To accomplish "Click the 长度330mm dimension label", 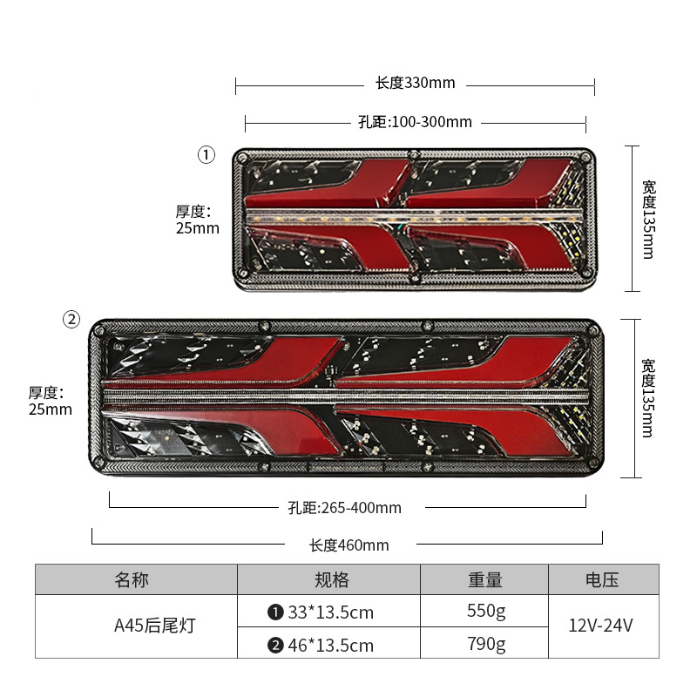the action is (x=416, y=83).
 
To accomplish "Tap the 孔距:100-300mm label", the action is (x=416, y=122).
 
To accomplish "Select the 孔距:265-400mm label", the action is (x=344, y=508).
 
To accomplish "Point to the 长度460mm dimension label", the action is (x=349, y=545).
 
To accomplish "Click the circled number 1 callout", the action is (x=206, y=155).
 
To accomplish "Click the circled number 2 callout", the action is (x=71, y=319).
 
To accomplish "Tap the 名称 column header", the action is (x=132, y=579).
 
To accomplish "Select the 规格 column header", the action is (x=332, y=579).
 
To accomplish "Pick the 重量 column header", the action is (x=485, y=579).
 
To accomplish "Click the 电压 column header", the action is (x=602, y=579).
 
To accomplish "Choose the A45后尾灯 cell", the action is (x=155, y=626).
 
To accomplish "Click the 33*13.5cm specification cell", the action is (x=321, y=612).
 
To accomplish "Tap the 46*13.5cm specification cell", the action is (x=321, y=645).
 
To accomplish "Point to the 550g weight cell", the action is (x=486, y=612).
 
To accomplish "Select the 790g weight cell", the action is (x=486, y=645).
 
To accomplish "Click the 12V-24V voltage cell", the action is (x=600, y=626).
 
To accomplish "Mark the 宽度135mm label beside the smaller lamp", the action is (x=649, y=220).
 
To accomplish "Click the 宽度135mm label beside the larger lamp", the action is (x=648, y=398).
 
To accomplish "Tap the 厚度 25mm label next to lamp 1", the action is (x=198, y=220).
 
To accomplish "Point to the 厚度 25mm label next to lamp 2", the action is (x=51, y=401).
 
